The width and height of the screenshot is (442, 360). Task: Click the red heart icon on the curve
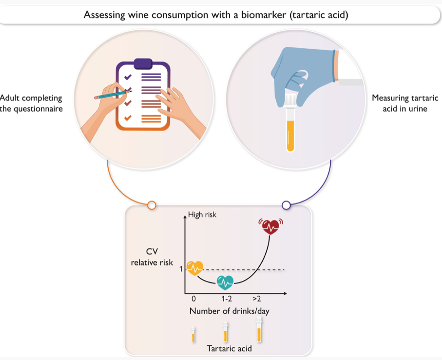pos(271,226)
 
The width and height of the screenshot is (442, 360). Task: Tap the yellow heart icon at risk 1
pos(195,268)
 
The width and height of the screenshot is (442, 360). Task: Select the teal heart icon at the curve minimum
pos(225,282)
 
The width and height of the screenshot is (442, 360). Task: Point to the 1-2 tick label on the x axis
pos(227,299)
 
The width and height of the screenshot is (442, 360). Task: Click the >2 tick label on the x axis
pos(256,299)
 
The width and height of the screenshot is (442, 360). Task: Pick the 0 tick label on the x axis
pos(193,299)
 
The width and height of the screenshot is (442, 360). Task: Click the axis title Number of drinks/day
pos(230,311)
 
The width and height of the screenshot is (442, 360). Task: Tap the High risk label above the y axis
pos(202,215)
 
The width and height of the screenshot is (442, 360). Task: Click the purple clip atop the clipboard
pos(143,64)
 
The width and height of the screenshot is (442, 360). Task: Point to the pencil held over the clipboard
pos(113,94)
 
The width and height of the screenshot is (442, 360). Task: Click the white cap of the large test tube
pos(290,100)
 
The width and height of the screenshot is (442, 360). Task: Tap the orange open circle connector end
pos(152,205)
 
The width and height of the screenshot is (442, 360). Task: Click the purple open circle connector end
pos(287,205)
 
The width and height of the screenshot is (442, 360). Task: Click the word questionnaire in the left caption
pos(38,109)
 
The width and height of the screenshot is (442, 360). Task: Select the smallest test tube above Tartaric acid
pos(193,334)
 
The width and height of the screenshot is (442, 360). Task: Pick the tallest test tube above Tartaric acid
pos(259,329)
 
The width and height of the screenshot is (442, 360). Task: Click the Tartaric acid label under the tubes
pos(229,348)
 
